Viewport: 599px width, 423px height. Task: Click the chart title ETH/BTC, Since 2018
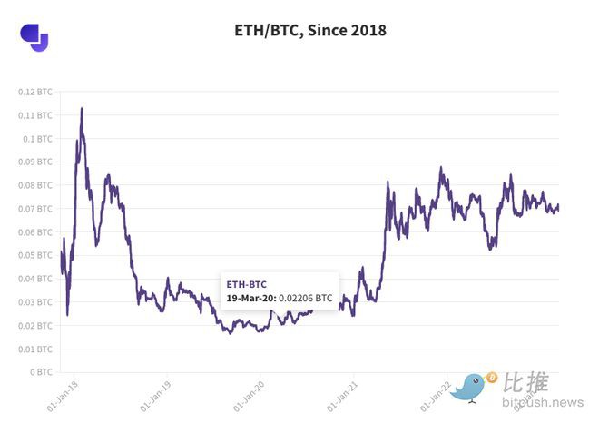pyautogui.click(x=310, y=31)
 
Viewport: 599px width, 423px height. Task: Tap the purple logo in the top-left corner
pyautogui.click(x=34, y=36)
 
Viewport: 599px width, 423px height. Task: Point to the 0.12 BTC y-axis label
pyautogui.click(x=36, y=92)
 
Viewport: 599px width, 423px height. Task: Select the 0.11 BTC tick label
pyautogui.click(x=36, y=115)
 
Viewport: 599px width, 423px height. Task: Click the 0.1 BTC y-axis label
pyautogui.click(x=39, y=139)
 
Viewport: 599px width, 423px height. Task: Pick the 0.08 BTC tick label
pyautogui.click(x=36, y=185)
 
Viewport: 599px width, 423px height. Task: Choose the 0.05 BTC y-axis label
pyautogui.click(x=36, y=255)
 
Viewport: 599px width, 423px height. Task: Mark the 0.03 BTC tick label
pyautogui.click(x=36, y=302)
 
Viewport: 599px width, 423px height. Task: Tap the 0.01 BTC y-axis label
pyautogui.click(x=36, y=349)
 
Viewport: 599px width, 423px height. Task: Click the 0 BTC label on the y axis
pyautogui.click(x=42, y=372)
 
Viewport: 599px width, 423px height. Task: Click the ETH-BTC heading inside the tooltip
pyautogui.click(x=247, y=284)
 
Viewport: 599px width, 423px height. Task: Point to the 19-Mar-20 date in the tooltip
pyautogui.click(x=249, y=297)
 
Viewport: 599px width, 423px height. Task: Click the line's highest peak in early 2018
pyautogui.click(x=82, y=109)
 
